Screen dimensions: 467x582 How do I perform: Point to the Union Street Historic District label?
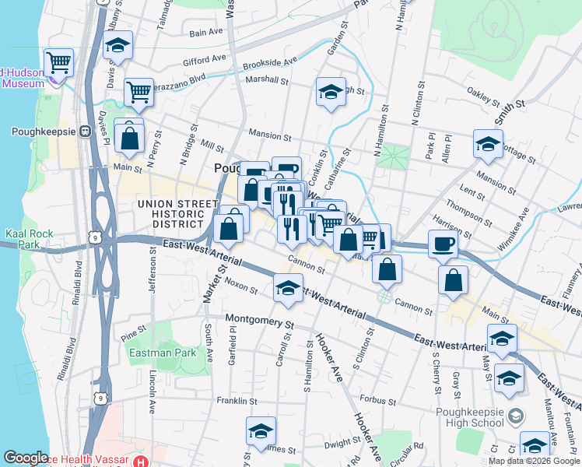click(x=177, y=213)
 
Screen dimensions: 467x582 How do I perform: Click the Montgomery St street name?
click(x=261, y=320)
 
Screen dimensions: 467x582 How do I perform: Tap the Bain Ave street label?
click(x=206, y=33)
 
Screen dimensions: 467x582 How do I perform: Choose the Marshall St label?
click(x=267, y=79)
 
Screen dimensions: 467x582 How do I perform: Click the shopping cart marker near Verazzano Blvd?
click(x=138, y=92)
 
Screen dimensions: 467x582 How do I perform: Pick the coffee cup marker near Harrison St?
click(x=443, y=244)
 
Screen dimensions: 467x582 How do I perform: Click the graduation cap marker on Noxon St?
click(x=288, y=289)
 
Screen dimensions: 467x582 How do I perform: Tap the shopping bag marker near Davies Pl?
click(x=130, y=139)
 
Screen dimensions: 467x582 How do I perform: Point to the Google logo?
click(x=26, y=458)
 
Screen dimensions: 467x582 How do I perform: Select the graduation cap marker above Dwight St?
click(x=261, y=431)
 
